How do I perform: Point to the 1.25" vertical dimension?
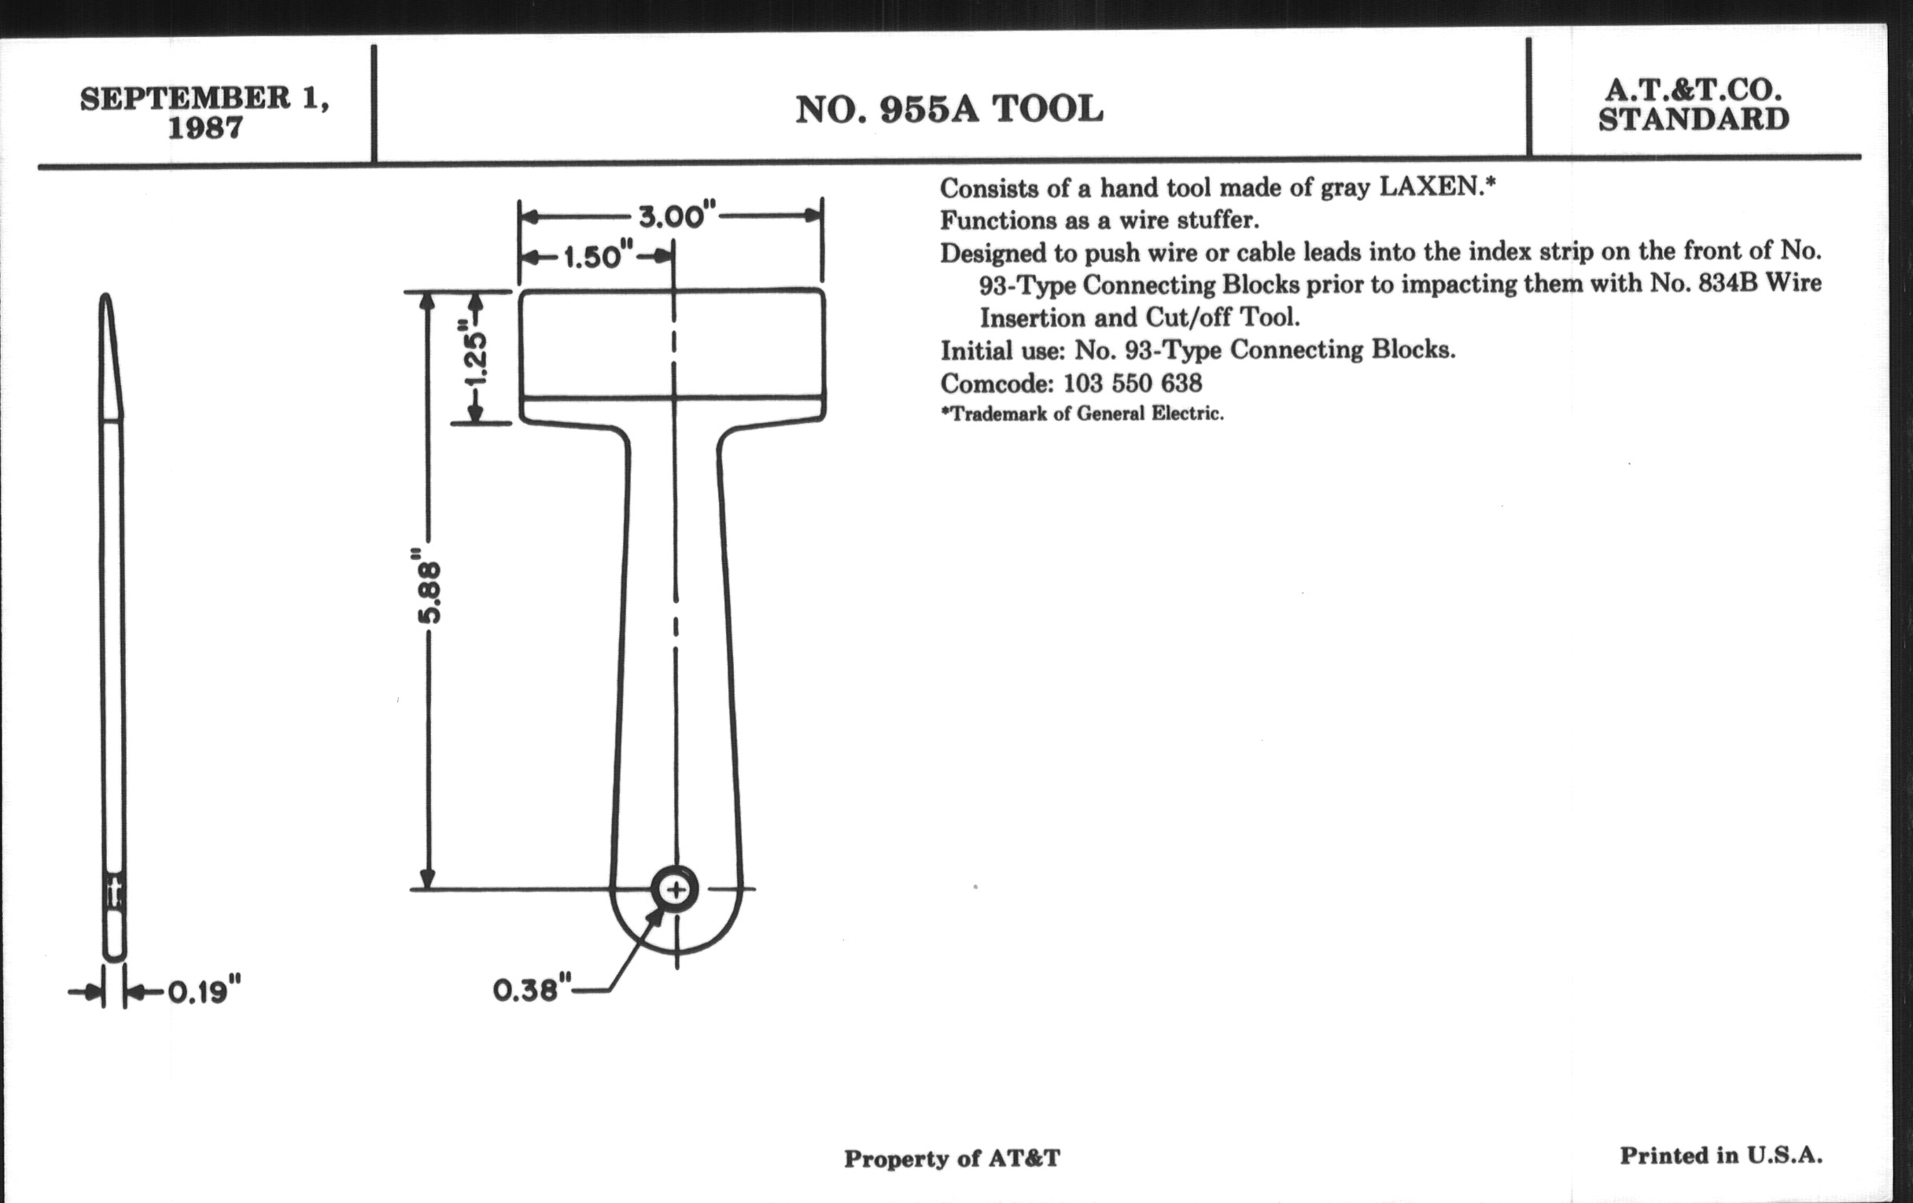click(475, 357)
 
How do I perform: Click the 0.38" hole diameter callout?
click(532, 990)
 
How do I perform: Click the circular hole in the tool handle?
click(675, 889)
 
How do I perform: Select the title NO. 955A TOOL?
click(949, 109)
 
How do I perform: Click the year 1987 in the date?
click(205, 128)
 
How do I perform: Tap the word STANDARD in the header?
click(1694, 119)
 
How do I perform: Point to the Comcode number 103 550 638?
click(1132, 384)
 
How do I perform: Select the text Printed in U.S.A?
click(1721, 1155)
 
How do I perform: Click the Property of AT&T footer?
click(952, 1159)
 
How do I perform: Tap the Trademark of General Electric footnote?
click(1082, 414)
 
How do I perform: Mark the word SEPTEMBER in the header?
click(185, 98)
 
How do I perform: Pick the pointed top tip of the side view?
click(105, 295)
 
